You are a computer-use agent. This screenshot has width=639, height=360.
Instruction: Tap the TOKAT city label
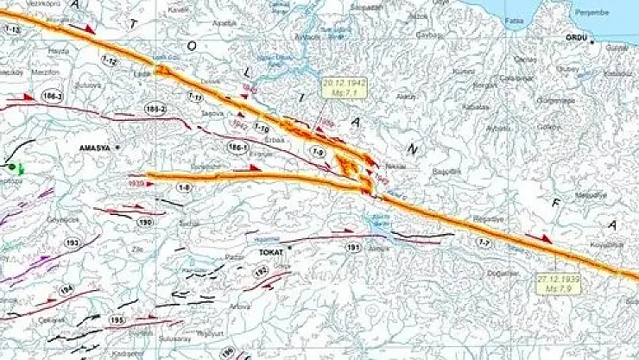[x=271, y=252]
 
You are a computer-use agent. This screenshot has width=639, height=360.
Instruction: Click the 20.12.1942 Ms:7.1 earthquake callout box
[x=343, y=88]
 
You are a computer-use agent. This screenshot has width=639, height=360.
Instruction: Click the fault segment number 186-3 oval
[x=54, y=97]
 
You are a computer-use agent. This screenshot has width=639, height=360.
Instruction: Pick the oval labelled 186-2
[x=155, y=109]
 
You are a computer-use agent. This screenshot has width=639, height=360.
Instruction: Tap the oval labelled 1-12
[x=109, y=61]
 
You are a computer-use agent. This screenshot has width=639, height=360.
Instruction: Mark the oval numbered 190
[x=146, y=223]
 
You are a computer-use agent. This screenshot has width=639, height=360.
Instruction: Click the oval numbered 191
[x=353, y=248]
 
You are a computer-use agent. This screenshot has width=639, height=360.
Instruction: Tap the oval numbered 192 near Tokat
[x=260, y=272]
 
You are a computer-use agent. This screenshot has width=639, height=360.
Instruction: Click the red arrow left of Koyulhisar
[x=539, y=237]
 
